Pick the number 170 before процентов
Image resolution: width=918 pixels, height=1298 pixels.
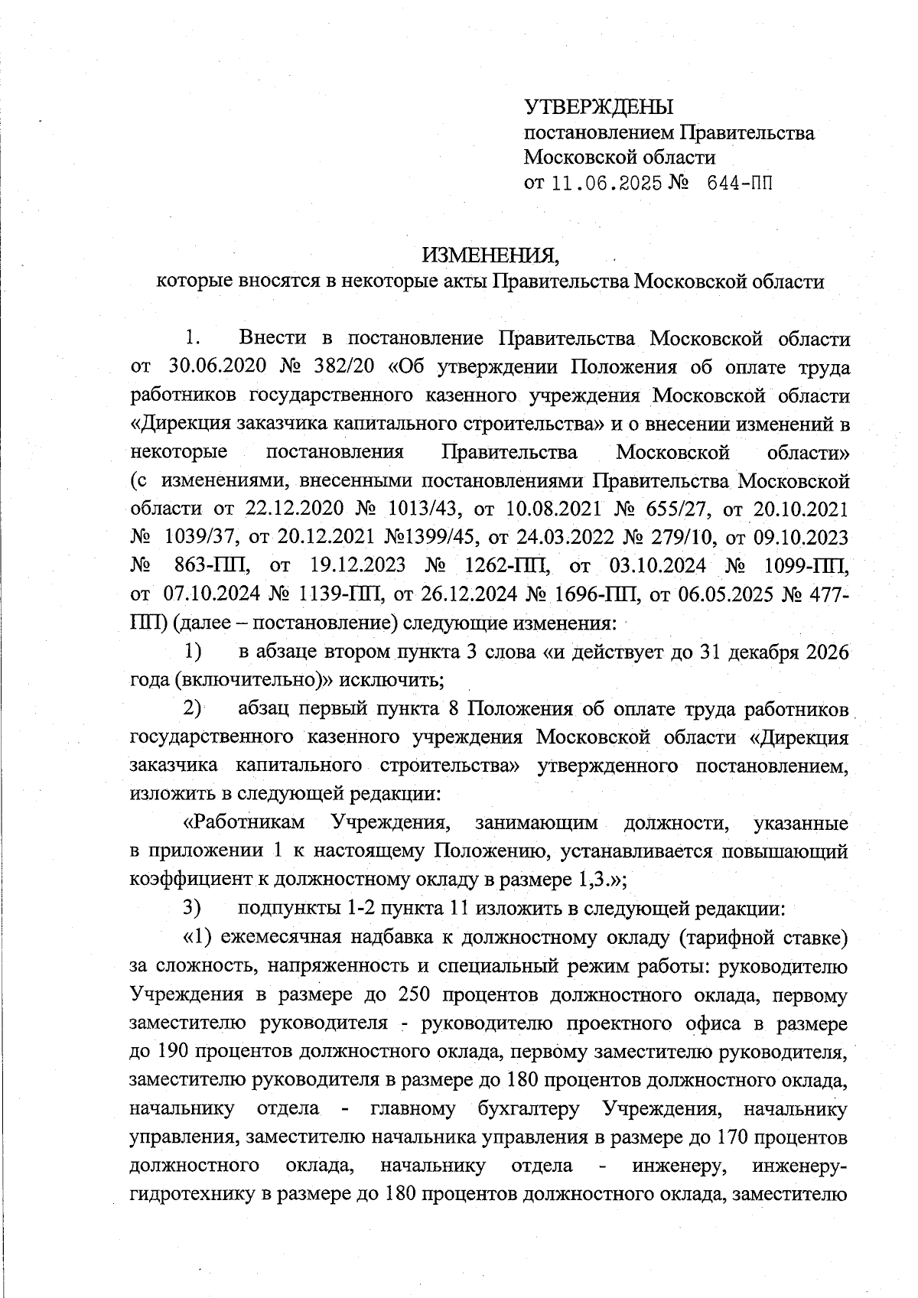point(735,1137)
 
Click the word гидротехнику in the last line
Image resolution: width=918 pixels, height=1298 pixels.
point(191,1193)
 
